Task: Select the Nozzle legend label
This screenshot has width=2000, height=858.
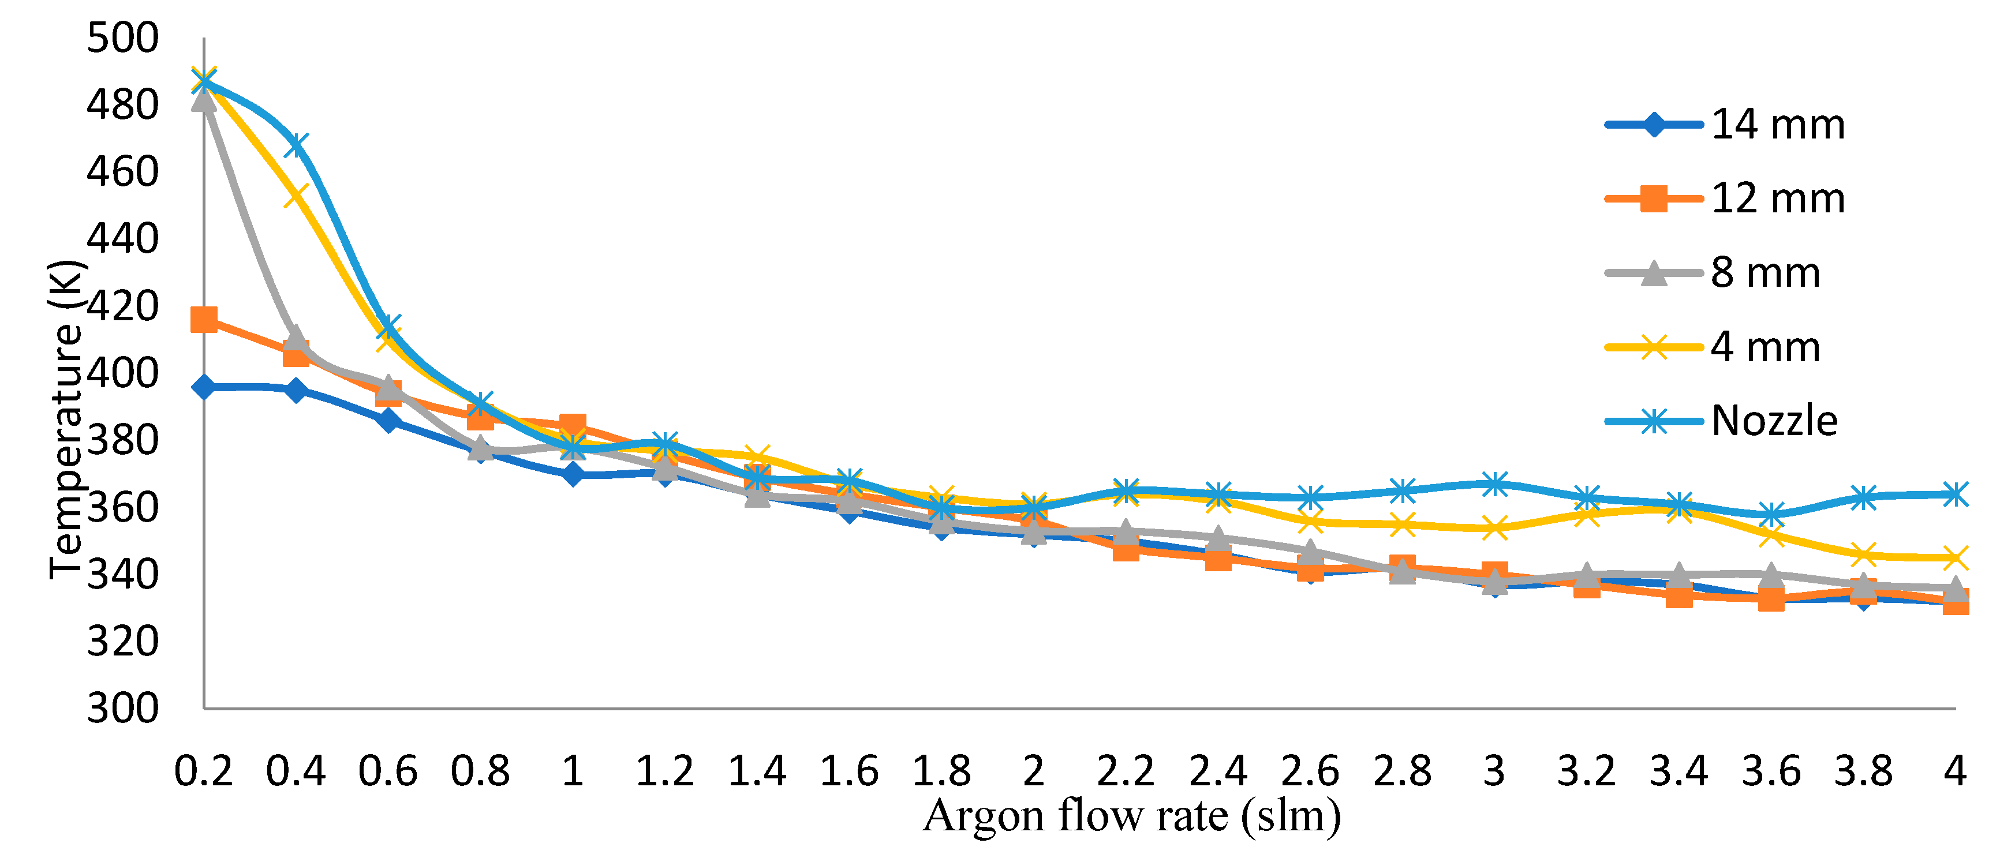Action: point(1774,421)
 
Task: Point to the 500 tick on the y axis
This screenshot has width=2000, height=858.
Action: point(122,38)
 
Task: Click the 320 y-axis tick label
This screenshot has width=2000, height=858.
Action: point(122,642)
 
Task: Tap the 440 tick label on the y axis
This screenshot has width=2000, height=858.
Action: point(122,238)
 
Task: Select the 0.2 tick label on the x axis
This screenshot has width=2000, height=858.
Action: point(203,771)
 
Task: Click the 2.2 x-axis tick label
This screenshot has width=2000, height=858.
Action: point(1125,771)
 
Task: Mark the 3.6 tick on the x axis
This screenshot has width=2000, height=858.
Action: point(1771,771)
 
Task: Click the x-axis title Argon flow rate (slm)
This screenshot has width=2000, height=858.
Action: point(1132,816)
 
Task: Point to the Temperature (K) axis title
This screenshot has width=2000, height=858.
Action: point(65,419)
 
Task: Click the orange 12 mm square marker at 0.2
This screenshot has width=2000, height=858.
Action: point(203,319)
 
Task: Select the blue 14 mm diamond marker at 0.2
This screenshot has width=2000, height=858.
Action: point(203,387)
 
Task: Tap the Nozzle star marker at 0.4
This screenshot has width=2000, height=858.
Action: point(296,145)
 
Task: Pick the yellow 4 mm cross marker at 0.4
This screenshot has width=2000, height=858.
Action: point(296,195)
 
